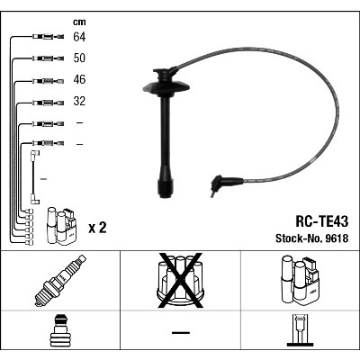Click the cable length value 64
[79, 37]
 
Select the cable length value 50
[79, 58]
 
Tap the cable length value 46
[79, 79]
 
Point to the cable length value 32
[79, 101]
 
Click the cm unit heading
[79, 22]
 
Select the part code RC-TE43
[322, 221]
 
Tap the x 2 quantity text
[97, 228]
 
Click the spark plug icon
[60, 280]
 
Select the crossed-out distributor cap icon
[180, 280]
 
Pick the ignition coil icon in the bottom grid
[300, 279]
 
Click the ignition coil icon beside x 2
[61, 226]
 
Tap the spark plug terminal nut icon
[60, 330]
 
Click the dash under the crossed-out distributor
[181, 332]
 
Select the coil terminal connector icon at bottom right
[301, 330]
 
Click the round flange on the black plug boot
[166, 87]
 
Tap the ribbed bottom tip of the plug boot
[166, 188]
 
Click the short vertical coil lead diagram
[34, 177]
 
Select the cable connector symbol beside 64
[48, 37]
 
